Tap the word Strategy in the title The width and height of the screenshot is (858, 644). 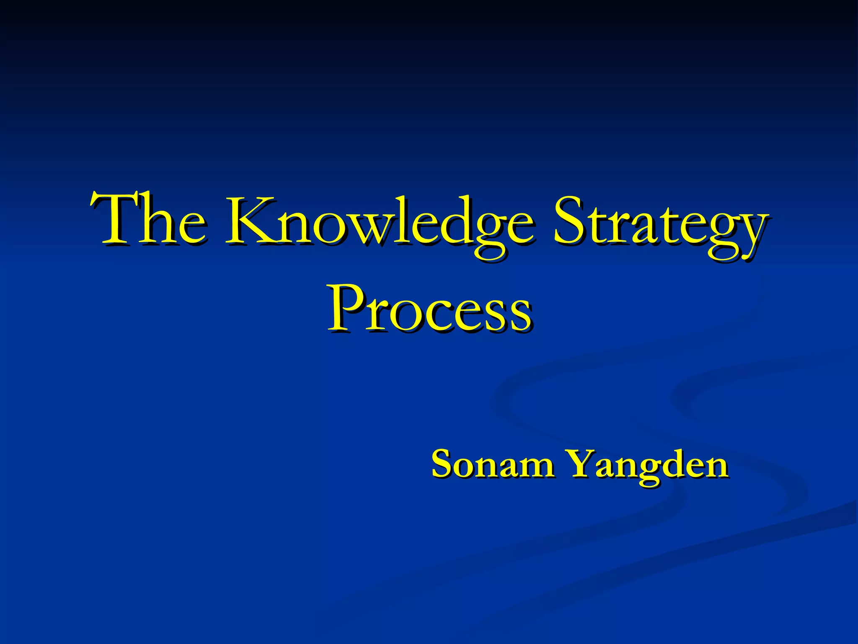(x=659, y=224)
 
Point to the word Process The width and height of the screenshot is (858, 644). (x=429, y=308)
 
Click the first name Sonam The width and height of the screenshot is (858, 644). (x=493, y=464)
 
